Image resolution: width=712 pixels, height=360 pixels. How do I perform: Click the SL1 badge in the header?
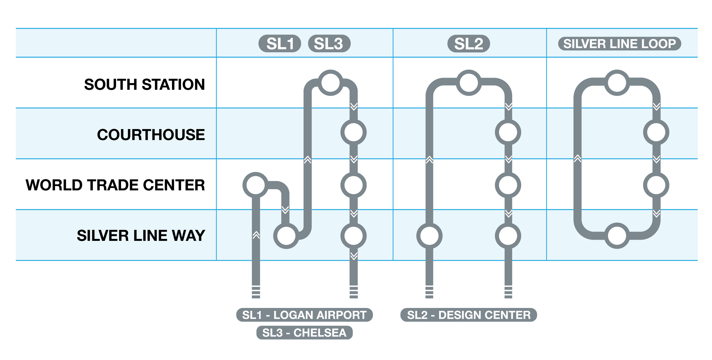(279, 44)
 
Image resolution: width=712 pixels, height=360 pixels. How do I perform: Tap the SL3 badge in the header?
(329, 44)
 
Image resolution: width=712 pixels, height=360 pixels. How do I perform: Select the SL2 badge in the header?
(469, 44)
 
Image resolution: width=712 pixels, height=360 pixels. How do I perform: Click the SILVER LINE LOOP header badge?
(619, 44)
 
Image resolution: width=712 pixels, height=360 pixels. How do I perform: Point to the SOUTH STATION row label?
(144, 84)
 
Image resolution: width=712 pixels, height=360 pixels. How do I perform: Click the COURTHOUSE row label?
(151, 135)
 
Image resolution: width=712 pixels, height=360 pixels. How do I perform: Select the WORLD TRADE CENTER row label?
(115, 185)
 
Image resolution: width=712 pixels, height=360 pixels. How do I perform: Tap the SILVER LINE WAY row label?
(141, 236)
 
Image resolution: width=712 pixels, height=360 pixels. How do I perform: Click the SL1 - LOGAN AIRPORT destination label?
(304, 315)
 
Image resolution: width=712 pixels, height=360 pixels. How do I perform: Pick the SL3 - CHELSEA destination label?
(304, 333)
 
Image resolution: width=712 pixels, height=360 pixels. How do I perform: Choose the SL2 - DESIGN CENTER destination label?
(469, 315)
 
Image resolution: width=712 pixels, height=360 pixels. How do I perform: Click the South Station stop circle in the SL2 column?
(469, 83)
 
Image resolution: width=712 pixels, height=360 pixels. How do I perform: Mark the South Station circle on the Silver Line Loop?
(617, 83)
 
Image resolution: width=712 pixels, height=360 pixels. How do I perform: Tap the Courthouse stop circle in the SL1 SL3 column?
(354, 132)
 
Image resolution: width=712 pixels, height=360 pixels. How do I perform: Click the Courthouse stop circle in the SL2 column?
(508, 132)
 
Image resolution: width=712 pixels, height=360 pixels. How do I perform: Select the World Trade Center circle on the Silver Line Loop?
(656, 185)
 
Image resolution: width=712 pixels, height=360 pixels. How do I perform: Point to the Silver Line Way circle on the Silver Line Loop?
(617, 236)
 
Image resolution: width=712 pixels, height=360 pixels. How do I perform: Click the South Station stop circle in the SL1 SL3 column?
(330, 83)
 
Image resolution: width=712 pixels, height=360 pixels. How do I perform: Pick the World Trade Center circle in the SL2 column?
(508, 185)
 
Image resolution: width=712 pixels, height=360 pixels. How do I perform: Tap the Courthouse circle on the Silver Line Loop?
(656, 132)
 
